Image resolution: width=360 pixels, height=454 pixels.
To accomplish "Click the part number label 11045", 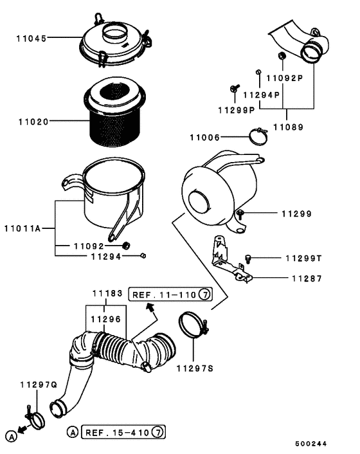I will (30, 38).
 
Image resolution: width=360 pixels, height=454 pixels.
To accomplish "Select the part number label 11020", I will (30, 120).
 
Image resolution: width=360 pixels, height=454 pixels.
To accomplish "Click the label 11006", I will (204, 137).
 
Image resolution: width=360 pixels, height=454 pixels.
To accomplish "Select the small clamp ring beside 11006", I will (260, 136).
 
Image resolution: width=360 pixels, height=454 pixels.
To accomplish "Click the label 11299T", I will (303, 259).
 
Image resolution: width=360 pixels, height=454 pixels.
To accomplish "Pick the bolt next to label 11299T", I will (248, 259).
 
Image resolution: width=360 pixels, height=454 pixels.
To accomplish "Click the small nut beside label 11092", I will (126, 246).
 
